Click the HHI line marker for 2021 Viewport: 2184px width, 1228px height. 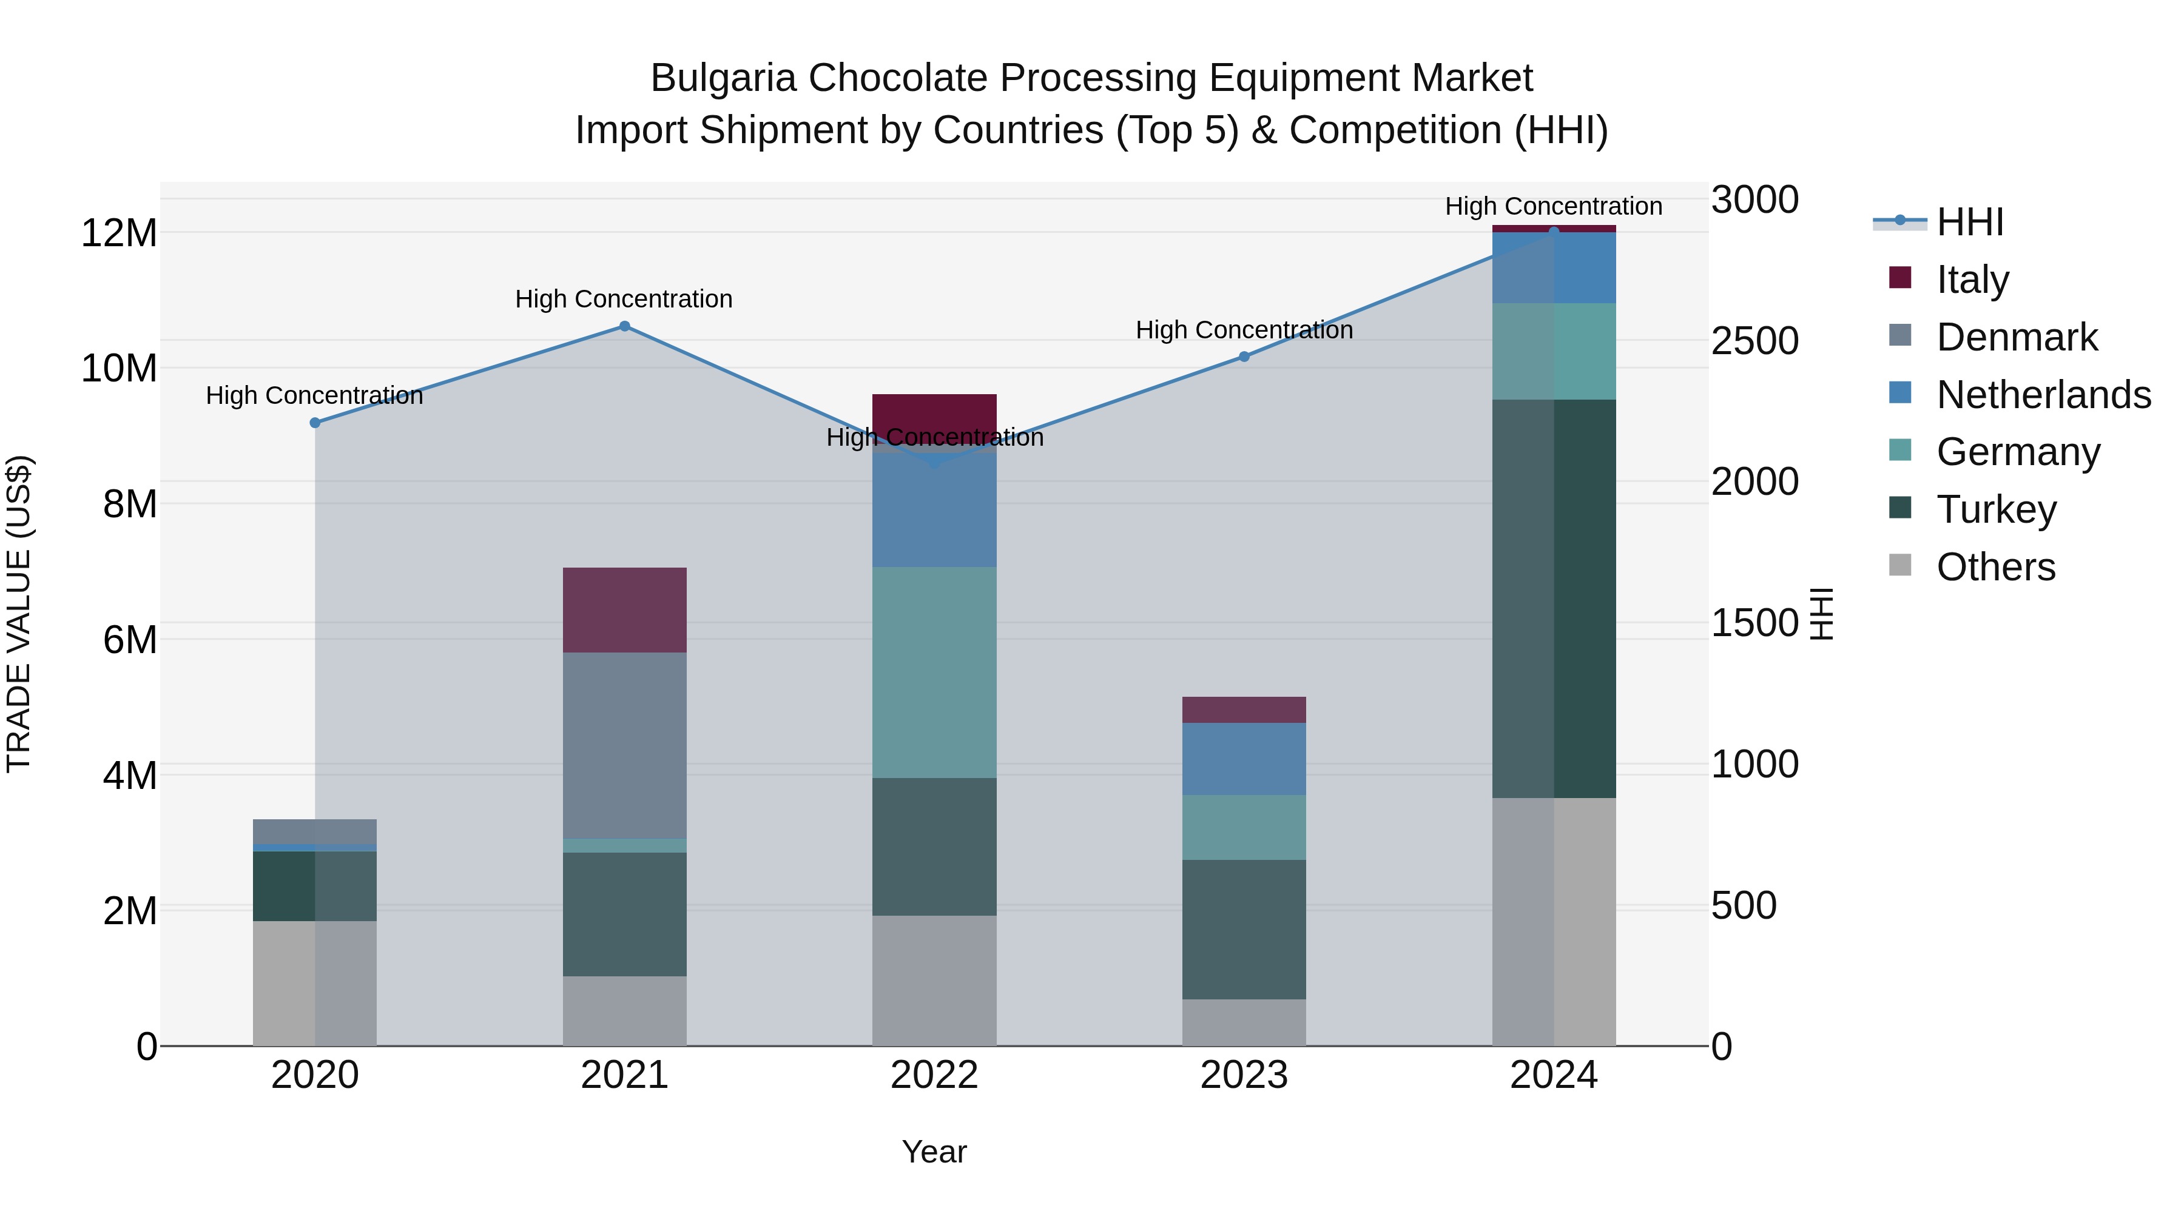point(624,326)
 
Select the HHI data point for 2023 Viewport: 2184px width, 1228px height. point(1244,357)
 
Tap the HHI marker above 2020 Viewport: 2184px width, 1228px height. point(314,423)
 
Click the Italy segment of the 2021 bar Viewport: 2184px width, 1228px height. point(624,609)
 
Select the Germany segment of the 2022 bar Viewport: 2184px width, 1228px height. point(934,672)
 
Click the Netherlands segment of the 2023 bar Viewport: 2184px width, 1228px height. point(1244,759)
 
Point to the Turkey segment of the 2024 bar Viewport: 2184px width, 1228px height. point(1553,599)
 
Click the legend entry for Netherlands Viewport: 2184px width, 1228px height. point(2043,395)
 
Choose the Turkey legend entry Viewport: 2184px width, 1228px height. point(1996,509)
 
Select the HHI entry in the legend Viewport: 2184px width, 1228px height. point(1969,222)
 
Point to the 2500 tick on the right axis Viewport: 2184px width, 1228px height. point(1754,341)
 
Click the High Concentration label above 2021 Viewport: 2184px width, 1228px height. point(624,299)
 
